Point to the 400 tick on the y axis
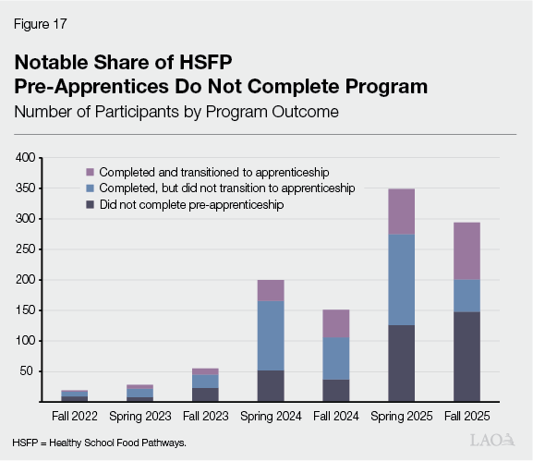click(x=25, y=159)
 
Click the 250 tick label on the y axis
click(x=25, y=249)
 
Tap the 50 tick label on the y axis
click(x=28, y=371)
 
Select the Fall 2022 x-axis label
click(x=76, y=416)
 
